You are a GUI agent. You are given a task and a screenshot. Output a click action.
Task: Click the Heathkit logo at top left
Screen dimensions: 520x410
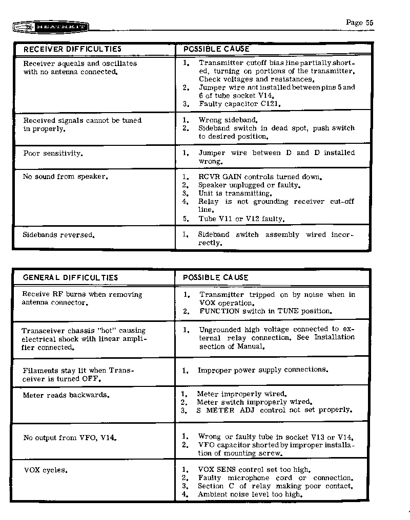coord(49,27)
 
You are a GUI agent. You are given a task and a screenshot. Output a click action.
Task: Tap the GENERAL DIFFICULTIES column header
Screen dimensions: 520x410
coord(70,277)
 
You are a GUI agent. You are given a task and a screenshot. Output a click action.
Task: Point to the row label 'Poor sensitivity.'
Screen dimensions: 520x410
coord(52,153)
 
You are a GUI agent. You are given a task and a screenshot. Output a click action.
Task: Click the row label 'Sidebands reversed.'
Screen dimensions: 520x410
coord(58,235)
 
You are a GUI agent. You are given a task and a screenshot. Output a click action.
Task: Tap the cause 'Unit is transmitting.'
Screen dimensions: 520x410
coord(235,193)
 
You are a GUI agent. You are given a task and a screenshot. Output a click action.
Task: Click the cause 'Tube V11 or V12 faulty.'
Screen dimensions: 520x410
coord(241,219)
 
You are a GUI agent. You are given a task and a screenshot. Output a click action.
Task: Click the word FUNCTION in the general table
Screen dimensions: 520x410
coord(219,311)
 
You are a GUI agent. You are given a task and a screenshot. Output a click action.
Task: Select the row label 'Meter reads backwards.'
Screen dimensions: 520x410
coord(66,395)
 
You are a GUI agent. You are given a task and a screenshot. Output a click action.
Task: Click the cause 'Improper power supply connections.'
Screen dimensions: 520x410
coord(262,370)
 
